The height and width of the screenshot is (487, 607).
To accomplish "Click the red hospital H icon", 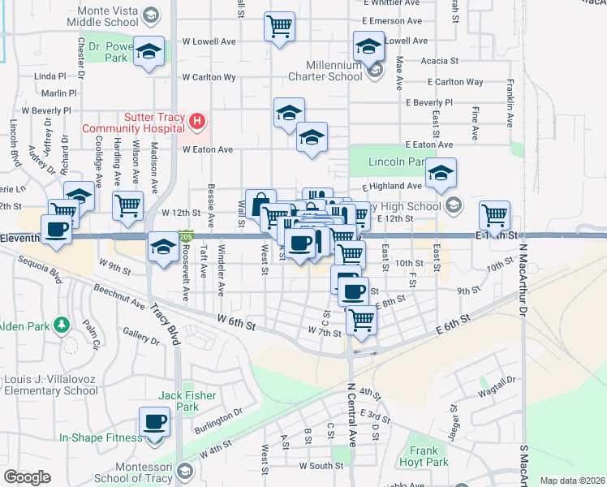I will tap(196, 123).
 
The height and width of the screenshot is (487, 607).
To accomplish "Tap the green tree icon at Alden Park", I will tap(61, 326).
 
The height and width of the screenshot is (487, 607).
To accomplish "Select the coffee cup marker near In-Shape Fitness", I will tap(154, 422).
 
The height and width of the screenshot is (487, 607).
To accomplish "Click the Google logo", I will tap(27, 477).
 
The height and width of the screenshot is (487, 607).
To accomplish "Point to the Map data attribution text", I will tap(572, 481).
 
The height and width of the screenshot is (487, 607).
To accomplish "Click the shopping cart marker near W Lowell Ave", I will tap(279, 26).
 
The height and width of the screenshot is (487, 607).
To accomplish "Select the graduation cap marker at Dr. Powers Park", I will tap(149, 52).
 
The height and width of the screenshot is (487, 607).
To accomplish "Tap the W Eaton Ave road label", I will tap(208, 149).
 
